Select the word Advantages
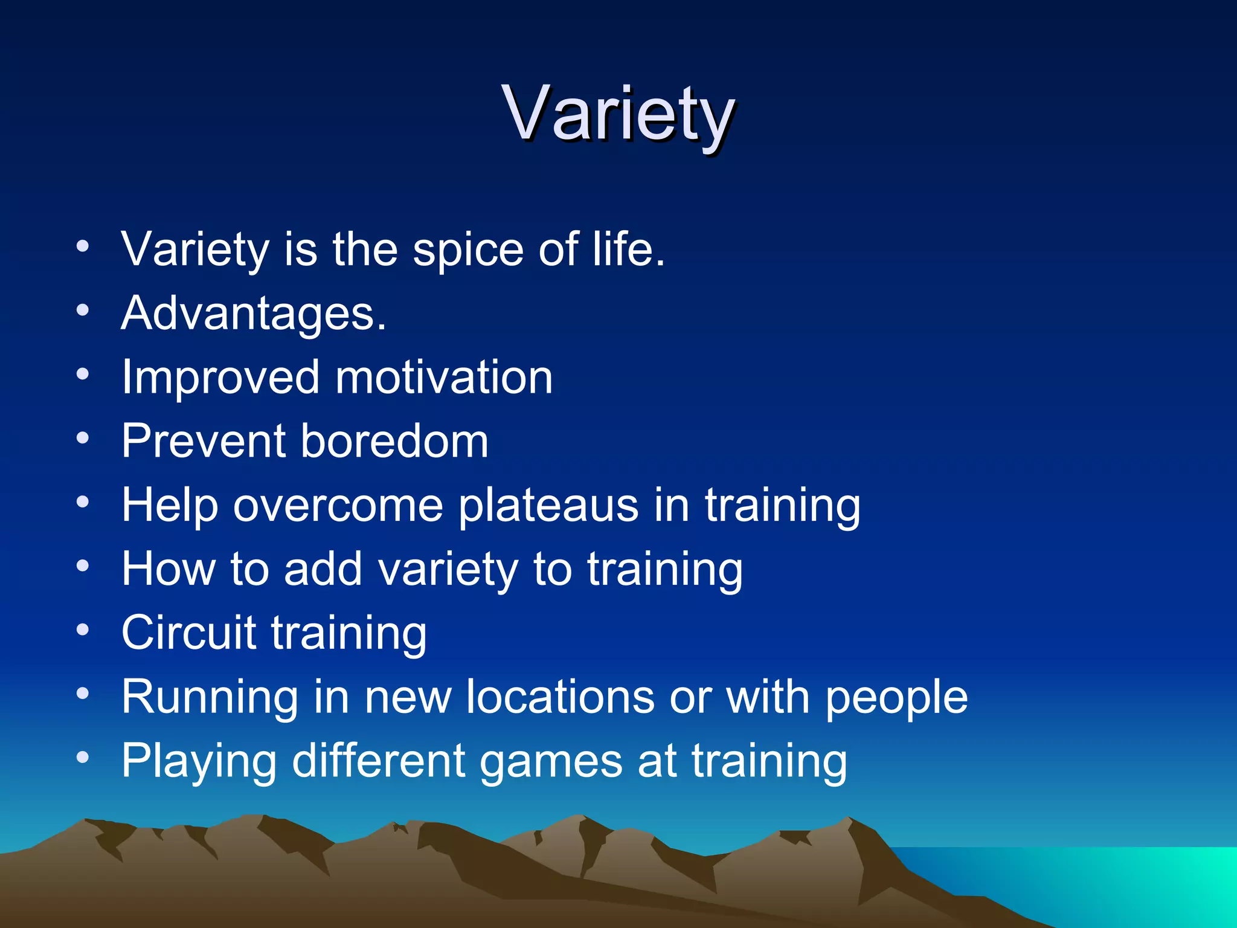pyautogui.click(x=253, y=314)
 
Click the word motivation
pyautogui.click(x=444, y=378)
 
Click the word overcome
pyautogui.click(x=338, y=506)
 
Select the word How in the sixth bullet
pyautogui.click(x=169, y=569)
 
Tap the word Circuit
pyautogui.click(x=189, y=633)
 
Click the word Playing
pyautogui.click(x=199, y=761)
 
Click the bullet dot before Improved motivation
pyautogui.click(x=83, y=375)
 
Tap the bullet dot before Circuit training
pyautogui.click(x=83, y=630)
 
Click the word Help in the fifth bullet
pyautogui.click(x=170, y=506)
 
